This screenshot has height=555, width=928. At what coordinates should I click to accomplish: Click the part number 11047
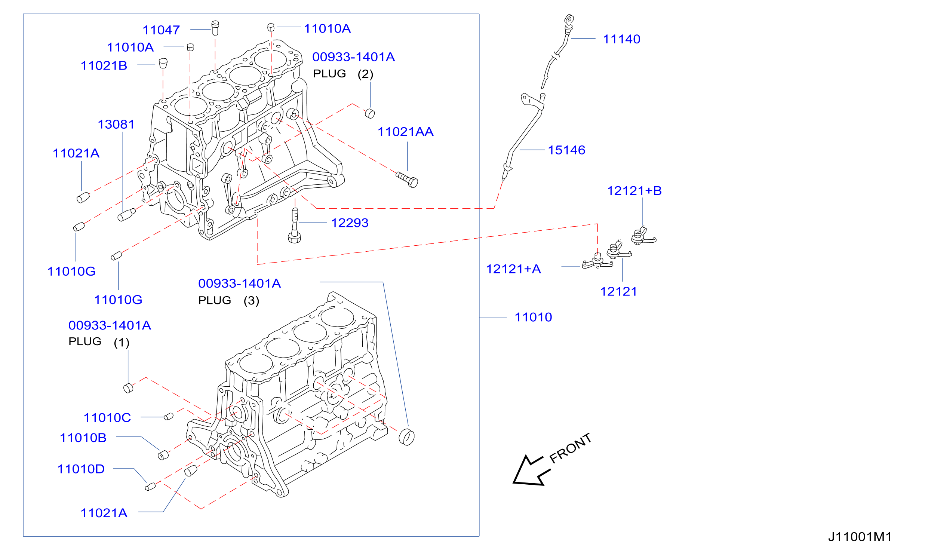[161, 30]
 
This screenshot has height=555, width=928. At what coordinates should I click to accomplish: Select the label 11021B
[104, 65]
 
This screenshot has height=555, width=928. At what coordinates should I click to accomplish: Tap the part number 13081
[116, 124]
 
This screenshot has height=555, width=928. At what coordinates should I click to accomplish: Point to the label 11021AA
[406, 132]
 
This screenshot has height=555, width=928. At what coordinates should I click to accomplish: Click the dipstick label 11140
[621, 39]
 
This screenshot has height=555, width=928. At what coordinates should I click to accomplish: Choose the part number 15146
[566, 150]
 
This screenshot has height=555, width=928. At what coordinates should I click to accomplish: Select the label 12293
[350, 223]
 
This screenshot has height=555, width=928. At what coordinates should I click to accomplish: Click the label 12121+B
[634, 191]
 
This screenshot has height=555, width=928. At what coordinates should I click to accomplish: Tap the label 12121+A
[513, 269]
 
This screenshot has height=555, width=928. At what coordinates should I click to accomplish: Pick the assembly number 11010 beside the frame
[533, 317]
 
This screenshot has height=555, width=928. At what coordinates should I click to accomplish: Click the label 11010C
[107, 418]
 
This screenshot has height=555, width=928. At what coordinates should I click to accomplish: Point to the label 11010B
[83, 438]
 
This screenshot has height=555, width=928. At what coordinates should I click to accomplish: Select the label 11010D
[81, 469]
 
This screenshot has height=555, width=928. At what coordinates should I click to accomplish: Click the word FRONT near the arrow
[570, 448]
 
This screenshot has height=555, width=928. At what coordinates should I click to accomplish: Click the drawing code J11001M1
[860, 537]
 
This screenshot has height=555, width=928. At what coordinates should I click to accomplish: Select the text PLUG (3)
[229, 300]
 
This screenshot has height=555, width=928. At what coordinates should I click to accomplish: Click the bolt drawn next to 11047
[215, 28]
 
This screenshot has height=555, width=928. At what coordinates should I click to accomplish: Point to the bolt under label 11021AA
[407, 180]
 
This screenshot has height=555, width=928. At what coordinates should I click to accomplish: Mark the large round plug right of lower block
[406, 437]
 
